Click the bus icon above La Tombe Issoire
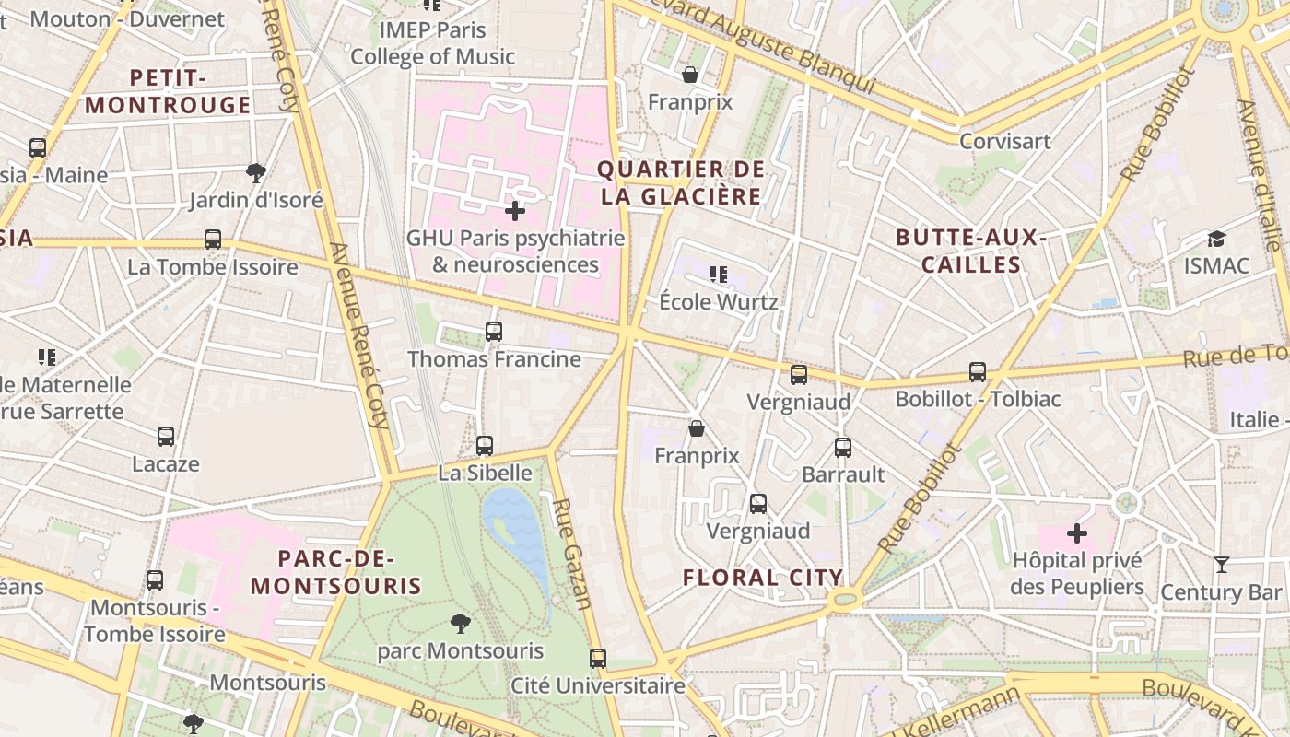click(213, 240)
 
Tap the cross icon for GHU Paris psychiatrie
click(515, 211)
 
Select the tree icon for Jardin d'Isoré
click(256, 172)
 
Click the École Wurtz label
click(718, 301)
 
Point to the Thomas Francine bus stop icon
click(494, 332)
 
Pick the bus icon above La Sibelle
click(485, 446)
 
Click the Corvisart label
click(1004, 141)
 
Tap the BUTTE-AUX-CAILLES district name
click(958, 252)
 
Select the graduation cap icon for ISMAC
click(1216, 240)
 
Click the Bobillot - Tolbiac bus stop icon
click(978, 372)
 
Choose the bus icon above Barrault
click(843, 448)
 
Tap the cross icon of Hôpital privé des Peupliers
click(1076, 532)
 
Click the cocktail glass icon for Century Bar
click(1222, 564)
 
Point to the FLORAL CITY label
click(763, 578)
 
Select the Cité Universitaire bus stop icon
click(598, 659)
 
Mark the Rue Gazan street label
click(571, 554)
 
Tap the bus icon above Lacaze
click(166, 437)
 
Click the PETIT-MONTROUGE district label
click(168, 91)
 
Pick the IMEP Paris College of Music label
click(432, 43)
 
